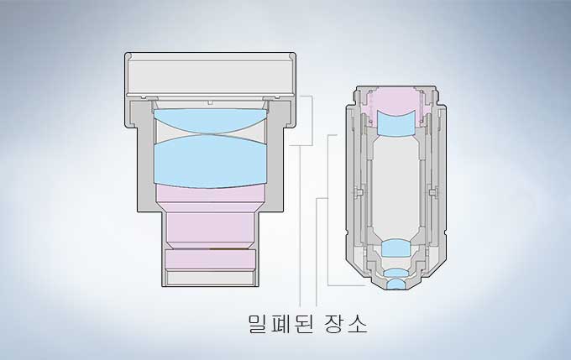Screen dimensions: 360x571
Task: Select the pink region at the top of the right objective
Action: [395, 102]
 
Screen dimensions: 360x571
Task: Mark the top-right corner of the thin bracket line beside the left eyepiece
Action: [313, 97]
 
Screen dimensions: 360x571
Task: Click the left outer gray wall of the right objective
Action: [349, 185]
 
